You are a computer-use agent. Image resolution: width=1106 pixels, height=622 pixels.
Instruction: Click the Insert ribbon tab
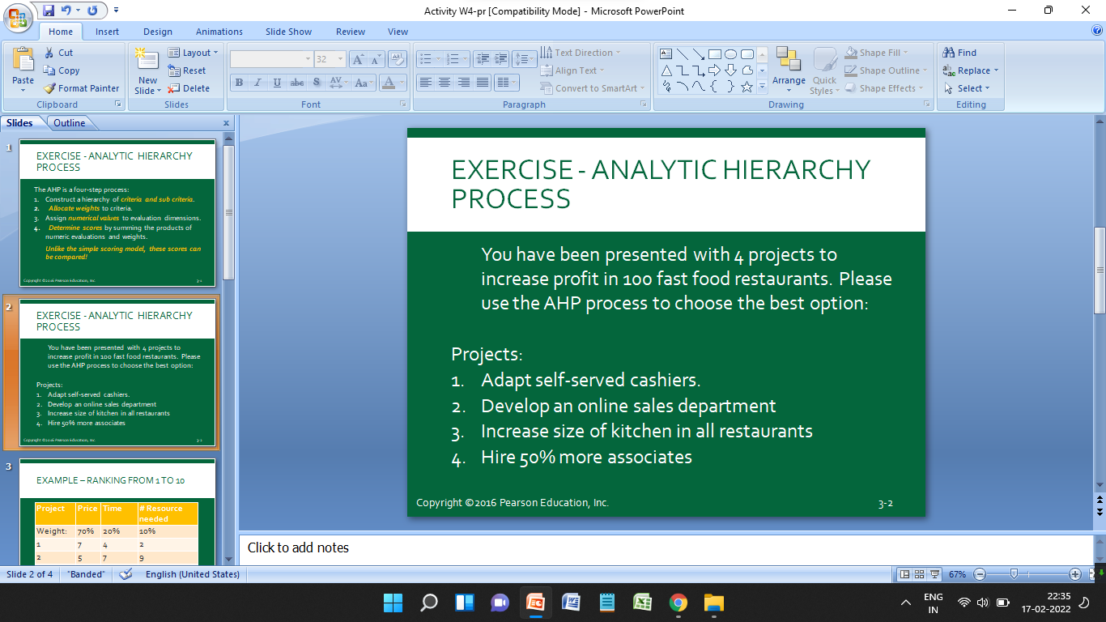pos(107,32)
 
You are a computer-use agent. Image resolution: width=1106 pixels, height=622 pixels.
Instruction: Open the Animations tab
pos(219,32)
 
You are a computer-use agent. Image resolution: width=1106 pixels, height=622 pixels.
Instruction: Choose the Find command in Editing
pos(960,53)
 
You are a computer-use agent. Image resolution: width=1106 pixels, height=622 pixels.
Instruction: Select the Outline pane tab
pos(70,123)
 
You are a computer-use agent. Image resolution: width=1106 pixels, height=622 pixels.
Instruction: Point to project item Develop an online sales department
pos(628,406)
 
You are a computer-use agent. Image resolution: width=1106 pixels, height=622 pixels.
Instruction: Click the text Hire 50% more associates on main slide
pos(586,457)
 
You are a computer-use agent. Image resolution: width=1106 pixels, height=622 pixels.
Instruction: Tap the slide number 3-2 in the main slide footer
pos(885,503)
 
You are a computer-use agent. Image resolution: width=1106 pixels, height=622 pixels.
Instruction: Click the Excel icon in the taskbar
pos(642,603)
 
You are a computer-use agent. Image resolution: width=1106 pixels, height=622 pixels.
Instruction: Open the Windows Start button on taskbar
pos(393,603)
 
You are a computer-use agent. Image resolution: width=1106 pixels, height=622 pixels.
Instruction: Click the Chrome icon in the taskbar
pos(678,603)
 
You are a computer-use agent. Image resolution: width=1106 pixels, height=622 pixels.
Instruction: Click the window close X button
pos(1086,11)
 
